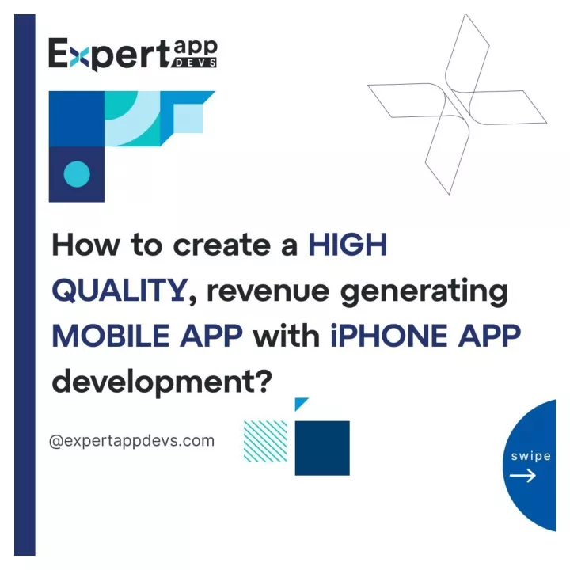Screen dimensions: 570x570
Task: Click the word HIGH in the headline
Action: [x=348, y=245]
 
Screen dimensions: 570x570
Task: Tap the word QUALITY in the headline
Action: [x=120, y=290]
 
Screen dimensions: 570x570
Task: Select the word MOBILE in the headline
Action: [x=111, y=335]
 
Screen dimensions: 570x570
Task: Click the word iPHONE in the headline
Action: [x=389, y=335]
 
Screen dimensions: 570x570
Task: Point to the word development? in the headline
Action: [x=162, y=382]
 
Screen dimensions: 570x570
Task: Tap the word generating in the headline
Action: [x=424, y=293]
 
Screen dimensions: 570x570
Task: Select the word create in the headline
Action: [x=222, y=245]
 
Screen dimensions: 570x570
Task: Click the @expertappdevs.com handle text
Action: [x=131, y=441]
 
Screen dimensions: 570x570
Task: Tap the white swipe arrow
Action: [x=522, y=475]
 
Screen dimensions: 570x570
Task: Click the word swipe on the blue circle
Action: [x=530, y=456]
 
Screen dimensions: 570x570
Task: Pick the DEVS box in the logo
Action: [x=196, y=63]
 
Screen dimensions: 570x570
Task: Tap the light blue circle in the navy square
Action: [x=77, y=174]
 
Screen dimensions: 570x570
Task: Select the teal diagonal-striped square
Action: [x=265, y=441]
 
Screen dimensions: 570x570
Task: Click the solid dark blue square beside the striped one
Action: [x=322, y=448]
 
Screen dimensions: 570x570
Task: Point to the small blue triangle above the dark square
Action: [x=299, y=403]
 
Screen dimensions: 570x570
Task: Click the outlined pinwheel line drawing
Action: [x=457, y=104]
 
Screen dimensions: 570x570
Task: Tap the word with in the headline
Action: [x=287, y=335]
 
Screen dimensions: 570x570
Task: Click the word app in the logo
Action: [x=196, y=48]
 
